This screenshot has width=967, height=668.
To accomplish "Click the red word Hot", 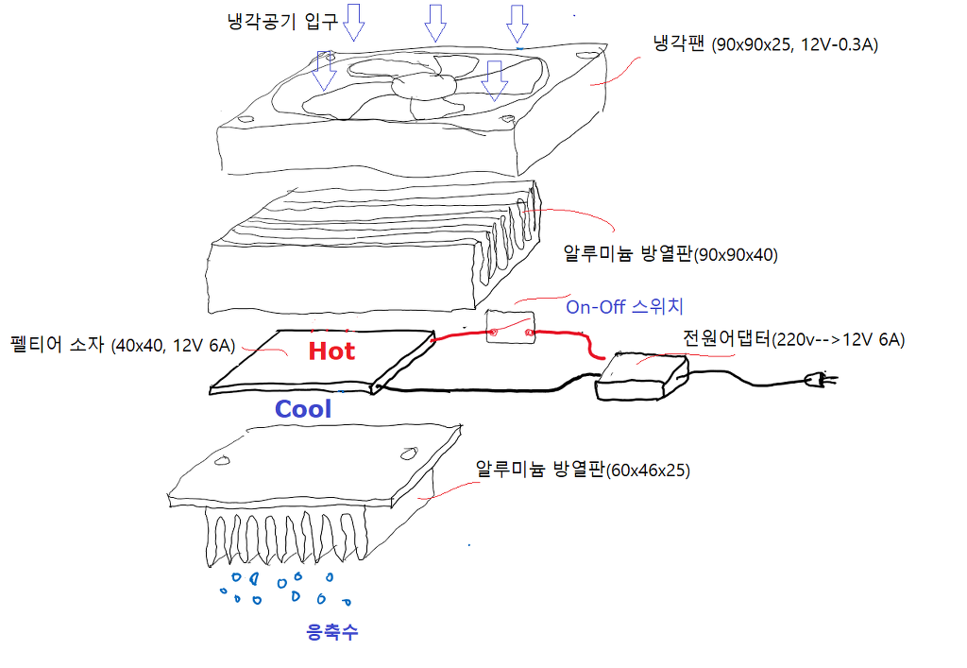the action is (x=331, y=351).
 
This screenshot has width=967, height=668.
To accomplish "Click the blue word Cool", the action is (x=303, y=409).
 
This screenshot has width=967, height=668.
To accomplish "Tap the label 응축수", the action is (x=331, y=631).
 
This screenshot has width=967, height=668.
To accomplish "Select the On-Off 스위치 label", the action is (x=624, y=306).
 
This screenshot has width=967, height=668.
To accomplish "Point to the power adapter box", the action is (x=641, y=376).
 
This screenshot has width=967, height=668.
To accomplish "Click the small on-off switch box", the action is (x=511, y=327).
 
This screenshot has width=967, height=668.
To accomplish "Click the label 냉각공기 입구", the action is (x=282, y=23).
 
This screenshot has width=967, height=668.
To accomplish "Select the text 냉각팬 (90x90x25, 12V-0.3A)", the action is (x=765, y=44).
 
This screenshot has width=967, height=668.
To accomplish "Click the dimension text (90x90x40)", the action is (x=736, y=255).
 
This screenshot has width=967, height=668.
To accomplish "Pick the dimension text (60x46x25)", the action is (x=648, y=471).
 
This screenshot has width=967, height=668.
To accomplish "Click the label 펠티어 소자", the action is (x=58, y=344).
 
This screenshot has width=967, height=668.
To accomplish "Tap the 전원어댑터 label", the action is (x=726, y=339).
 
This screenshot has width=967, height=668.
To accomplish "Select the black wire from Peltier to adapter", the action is (x=487, y=388).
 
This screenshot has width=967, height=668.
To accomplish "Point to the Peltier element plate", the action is (x=322, y=362).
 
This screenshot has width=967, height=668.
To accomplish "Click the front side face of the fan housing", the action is (x=368, y=150).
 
